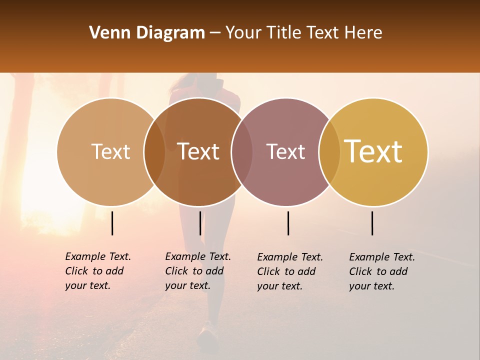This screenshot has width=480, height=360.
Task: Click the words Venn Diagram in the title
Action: (146, 33)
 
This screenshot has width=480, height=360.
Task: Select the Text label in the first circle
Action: (110, 151)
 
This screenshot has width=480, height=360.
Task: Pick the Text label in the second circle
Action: (198, 151)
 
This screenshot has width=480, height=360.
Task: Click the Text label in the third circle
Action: (285, 151)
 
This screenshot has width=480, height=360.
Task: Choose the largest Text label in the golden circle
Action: (373, 151)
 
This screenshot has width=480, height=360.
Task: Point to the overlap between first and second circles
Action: (154, 152)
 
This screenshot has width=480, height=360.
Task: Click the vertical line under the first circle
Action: (112, 223)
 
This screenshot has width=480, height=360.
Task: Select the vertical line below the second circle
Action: (200, 223)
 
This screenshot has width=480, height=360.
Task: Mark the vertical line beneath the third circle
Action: (288, 223)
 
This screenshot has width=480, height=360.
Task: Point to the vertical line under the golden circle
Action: (372, 223)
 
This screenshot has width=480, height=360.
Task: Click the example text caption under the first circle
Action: (98, 271)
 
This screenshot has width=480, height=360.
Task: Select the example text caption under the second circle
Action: (198, 271)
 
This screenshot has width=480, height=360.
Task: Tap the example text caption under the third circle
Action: (290, 271)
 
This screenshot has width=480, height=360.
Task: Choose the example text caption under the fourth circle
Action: (382, 271)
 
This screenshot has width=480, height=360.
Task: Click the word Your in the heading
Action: (243, 33)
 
